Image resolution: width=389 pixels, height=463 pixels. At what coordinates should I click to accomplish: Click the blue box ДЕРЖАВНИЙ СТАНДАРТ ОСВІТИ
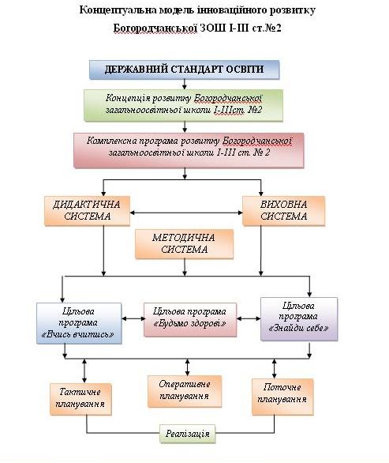pyautogui.click(x=185, y=70)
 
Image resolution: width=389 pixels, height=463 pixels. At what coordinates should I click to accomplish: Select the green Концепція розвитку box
pyautogui.click(x=183, y=105)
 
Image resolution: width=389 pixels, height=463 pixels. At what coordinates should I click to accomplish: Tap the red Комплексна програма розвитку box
pyautogui.click(x=189, y=150)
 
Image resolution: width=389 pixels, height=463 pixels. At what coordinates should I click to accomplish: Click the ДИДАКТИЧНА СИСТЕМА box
pyautogui.click(x=88, y=211)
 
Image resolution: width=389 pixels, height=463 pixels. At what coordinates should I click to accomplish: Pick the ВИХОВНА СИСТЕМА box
pyautogui.click(x=284, y=211)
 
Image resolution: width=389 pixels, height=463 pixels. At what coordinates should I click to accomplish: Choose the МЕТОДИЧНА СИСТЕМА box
pyautogui.click(x=185, y=244)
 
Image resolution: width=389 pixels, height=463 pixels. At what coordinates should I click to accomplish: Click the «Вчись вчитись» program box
pyautogui.click(x=79, y=323)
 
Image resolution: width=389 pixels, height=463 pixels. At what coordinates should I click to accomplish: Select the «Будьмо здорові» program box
pyautogui.click(x=190, y=319)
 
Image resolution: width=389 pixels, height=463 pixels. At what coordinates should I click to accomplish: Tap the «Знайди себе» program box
pyautogui.click(x=299, y=319)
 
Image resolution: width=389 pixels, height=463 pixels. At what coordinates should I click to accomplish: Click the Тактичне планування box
pyautogui.click(x=80, y=399)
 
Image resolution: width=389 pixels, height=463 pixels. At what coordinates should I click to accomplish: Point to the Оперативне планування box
pyautogui.click(x=185, y=392)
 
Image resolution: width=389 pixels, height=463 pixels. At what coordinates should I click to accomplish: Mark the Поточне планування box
pyautogui.click(x=282, y=397)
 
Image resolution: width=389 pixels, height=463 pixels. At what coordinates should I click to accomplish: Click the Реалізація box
pyautogui.click(x=188, y=434)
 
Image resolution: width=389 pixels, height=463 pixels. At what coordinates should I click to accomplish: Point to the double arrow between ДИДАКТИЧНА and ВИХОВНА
pyautogui.click(x=186, y=213)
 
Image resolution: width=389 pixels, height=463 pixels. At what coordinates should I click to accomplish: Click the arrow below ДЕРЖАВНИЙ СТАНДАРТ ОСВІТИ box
pyautogui.click(x=185, y=85)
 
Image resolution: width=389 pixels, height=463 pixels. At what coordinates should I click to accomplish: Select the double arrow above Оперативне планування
pyautogui.click(x=187, y=367)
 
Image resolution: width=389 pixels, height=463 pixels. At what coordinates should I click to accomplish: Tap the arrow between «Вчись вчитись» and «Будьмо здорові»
pyautogui.click(x=133, y=318)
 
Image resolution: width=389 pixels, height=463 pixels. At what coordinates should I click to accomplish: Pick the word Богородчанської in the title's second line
pyautogui.click(x=155, y=28)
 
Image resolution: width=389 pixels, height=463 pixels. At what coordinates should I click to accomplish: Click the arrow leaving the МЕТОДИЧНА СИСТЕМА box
pyautogui.click(x=185, y=268)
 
